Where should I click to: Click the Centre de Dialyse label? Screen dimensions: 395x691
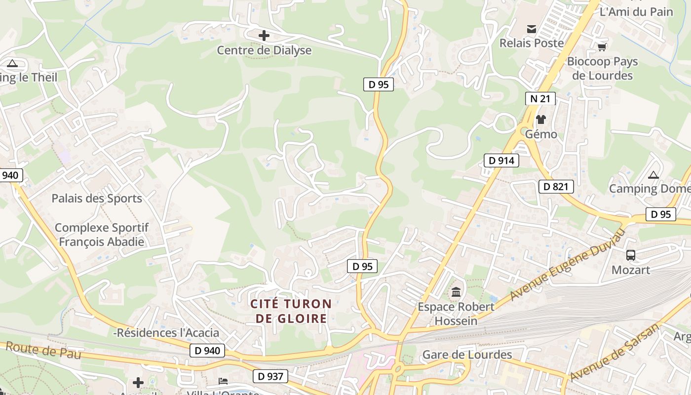tap(264, 50)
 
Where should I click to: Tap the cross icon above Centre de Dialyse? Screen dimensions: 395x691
tap(264, 36)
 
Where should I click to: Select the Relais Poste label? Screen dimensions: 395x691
tap(532, 43)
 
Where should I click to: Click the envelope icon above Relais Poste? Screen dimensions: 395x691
tap(532, 29)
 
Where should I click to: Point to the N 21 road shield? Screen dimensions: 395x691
tap(540, 99)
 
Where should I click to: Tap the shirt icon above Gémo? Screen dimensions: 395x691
tap(541, 119)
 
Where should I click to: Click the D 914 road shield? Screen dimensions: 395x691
tap(501, 160)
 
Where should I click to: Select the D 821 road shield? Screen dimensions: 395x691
tap(556, 187)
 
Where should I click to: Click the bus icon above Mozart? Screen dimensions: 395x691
tap(631, 255)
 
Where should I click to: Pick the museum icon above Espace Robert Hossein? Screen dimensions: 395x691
tap(456, 292)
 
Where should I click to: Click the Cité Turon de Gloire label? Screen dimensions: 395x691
tap(291, 311)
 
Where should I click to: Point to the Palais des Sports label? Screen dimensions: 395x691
tap(97, 198)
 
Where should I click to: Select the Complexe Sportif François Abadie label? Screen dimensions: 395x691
tap(102, 235)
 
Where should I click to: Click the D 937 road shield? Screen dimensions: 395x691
tap(270, 376)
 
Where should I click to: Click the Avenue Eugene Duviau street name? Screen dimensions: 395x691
tap(568, 265)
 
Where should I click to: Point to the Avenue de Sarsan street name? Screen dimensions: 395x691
tap(614, 352)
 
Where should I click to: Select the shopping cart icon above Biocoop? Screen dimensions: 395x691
tap(602, 47)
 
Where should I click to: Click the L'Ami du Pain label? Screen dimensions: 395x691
tap(636, 12)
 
